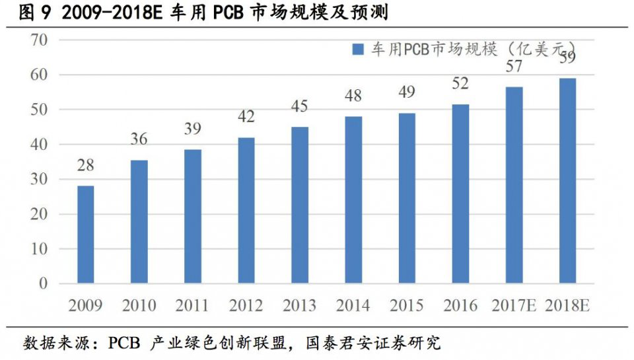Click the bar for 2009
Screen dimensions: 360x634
click(x=85, y=234)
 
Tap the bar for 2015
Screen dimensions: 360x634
click(x=407, y=198)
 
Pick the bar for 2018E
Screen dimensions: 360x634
click(x=567, y=181)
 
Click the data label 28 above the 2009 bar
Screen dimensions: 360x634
click(x=85, y=164)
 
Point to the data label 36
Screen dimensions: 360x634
click(x=139, y=139)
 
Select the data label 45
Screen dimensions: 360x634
click(x=299, y=106)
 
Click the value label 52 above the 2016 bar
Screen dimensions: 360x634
click(x=460, y=84)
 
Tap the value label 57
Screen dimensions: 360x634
click(x=513, y=66)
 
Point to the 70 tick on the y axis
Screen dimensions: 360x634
click(x=40, y=40)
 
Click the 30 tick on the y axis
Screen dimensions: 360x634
click(x=40, y=179)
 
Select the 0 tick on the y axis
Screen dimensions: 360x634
click(x=44, y=283)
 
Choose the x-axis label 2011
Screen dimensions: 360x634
click(x=192, y=305)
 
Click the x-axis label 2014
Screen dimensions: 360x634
click(x=353, y=305)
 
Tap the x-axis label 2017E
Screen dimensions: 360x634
click(x=514, y=305)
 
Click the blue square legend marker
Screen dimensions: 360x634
click(x=359, y=50)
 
